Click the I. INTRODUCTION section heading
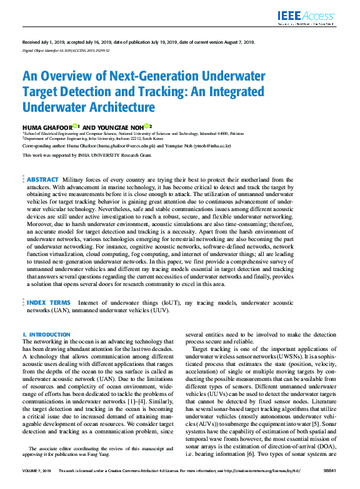46,335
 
